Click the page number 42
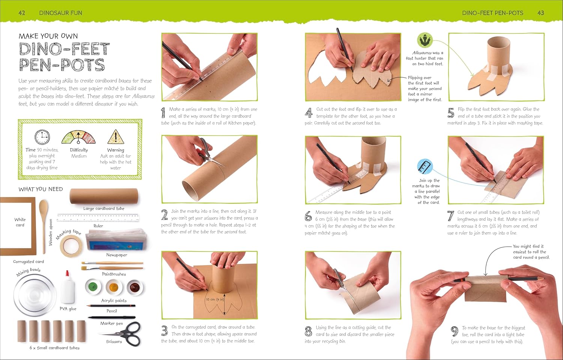pos(22,13)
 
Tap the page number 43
pos(540,13)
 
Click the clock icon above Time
pos(42,137)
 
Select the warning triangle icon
pos(116,137)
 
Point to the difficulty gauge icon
pos(78,137)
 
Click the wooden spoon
pos(44,226)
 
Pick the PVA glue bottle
pos(68,287)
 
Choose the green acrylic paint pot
pos(93,286)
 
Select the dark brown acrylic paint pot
pos(135,287)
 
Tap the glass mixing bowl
pos(35,295)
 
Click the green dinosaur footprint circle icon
pos(425,40)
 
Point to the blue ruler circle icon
pos(425,166)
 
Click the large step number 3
pos(164,330)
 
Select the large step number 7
pos(451,216)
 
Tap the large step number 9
pos(455,331)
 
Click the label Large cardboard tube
pos(104,208)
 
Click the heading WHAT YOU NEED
pos(41,189)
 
